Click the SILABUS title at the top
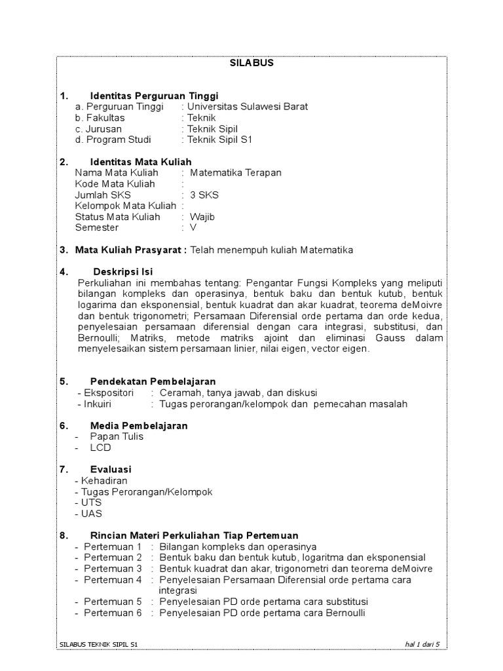(251, 63)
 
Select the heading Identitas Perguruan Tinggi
(154, 95)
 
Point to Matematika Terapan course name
(235, 172)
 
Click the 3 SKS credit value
(204, 195)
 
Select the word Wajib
(202, 217)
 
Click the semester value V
(193, 228)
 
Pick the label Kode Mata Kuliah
(115, 183)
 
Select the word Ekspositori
(109, 393)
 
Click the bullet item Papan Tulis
(117, 436)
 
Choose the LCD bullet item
(101, 448)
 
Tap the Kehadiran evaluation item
(104, 480)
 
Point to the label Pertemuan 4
(113, 579)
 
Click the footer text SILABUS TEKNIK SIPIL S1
(98, 645)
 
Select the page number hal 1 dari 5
(422, 645)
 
